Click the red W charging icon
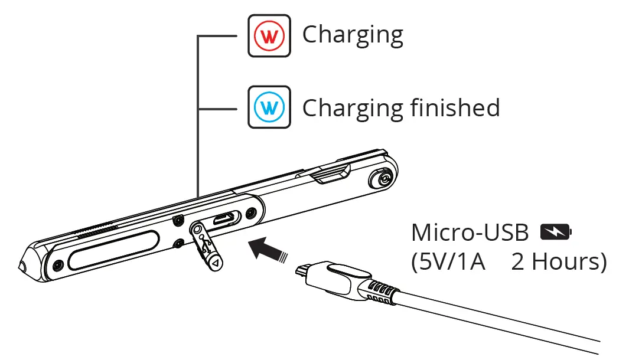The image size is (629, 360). point(269,36)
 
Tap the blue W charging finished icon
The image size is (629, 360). point(269,107)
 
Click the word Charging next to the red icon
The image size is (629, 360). point(353,35)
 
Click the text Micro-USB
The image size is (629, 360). point(470,233)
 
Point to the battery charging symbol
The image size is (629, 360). point(556,233)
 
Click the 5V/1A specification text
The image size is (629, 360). point(448,261)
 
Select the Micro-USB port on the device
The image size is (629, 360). point(223,219)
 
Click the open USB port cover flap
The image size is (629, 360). point(206,245)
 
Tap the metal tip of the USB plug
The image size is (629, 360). point(302,271)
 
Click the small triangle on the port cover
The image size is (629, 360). point(216,262)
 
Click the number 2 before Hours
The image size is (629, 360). point(519,261)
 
